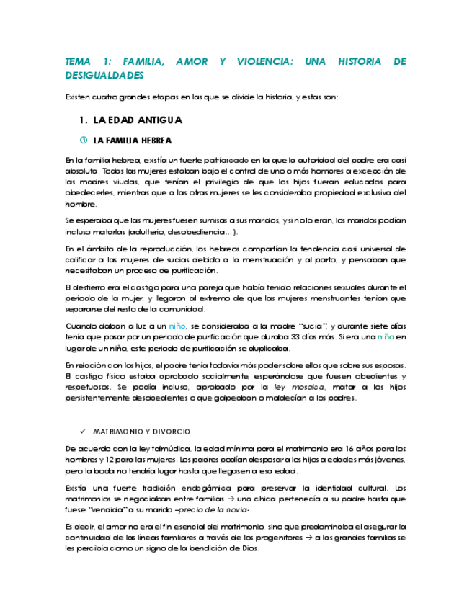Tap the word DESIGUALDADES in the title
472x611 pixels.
[x=104, y=75]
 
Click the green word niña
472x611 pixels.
[x=386, y=337]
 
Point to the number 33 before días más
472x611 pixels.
[x=304, y=337]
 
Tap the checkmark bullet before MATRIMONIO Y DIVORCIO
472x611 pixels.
[x=82, y=431]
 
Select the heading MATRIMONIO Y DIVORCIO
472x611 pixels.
[x=142, y=431]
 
